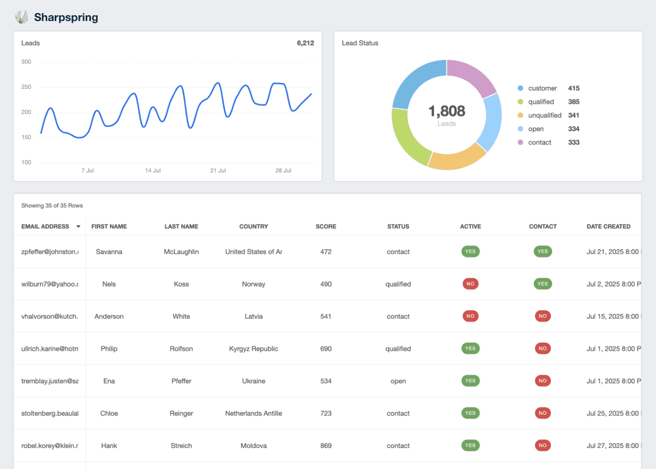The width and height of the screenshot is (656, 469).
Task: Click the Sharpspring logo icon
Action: pos(21,17)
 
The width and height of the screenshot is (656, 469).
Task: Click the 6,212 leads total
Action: pos(305,43)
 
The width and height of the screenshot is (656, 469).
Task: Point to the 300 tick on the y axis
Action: pos(26,62)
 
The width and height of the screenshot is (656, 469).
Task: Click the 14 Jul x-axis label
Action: pos(153,171)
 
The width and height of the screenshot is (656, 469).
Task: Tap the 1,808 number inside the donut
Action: pos(446,111)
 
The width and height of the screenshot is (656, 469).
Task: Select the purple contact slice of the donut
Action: pos(470,76)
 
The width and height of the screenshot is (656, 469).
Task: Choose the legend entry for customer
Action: pos(542,88)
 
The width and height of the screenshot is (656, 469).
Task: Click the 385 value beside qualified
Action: pos(573,102)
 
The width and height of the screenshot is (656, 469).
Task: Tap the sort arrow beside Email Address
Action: pos(78,227)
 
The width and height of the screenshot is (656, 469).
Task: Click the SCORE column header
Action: pos(326,227)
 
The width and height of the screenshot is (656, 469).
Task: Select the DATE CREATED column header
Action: pos(608,227)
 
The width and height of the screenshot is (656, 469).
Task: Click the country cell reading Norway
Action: pos(253,284)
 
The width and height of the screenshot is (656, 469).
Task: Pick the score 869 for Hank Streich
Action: pos(326,446)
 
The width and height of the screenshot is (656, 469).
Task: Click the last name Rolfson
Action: pos(181,349)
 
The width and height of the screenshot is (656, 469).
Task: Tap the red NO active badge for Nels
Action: pos(470,284)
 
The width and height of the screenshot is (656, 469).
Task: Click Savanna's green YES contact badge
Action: pos(542,252)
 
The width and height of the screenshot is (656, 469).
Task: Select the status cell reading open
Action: pos(398,381)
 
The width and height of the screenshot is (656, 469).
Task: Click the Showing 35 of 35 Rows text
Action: pos(52,206)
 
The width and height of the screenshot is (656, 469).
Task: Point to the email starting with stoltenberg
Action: pos(50,413)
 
